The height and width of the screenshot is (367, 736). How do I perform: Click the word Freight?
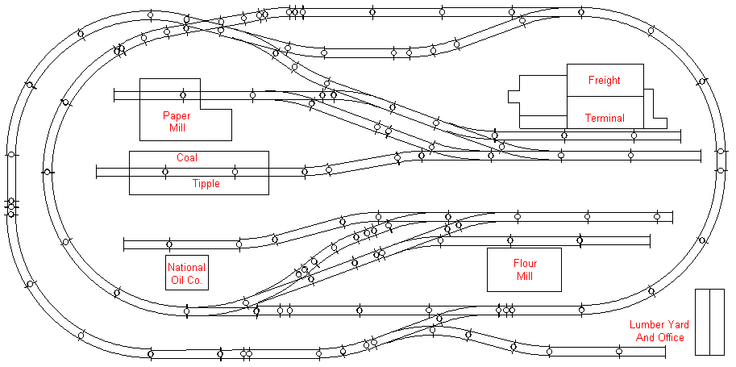(604, 81)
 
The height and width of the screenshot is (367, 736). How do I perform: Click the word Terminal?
(605, 118)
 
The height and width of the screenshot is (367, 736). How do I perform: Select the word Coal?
(187, 157)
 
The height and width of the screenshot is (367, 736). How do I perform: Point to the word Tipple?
(206, 184)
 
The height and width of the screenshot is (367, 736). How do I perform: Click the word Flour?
(525, 264)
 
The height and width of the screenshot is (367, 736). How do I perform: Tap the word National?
(186, 267)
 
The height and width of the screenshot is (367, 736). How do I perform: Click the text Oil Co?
(186, 281)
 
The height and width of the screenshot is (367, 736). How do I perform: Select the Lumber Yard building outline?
(710, 321)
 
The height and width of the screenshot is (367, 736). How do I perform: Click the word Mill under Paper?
(178, 128)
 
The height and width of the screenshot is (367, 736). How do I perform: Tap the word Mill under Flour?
(525, 277)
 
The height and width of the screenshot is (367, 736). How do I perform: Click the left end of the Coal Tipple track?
(97, 171)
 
